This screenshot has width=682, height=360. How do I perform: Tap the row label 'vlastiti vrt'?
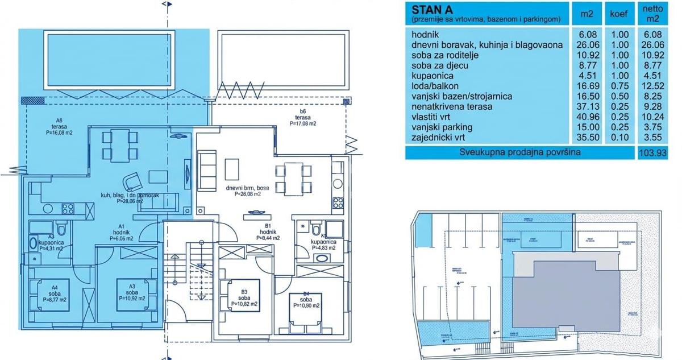pyautogui.click(x=435, y=117)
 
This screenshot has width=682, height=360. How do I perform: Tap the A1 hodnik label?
pyautogui.click(x=122, y=234)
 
